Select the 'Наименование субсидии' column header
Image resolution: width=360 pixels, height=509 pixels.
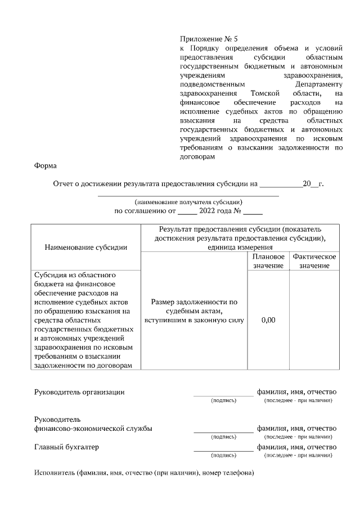[x=85, y=247]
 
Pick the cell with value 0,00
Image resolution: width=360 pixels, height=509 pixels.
[x=268, y=320]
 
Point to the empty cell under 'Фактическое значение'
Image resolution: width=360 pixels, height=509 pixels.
[x=314, y=320]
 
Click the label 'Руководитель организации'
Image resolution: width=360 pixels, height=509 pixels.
[x=79, y=392]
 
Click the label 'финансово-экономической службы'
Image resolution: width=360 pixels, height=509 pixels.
[x=93, y=429]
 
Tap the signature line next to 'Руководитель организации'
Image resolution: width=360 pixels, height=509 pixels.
[x=223, y=394]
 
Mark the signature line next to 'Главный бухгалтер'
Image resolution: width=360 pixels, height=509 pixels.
[x=223, y=449]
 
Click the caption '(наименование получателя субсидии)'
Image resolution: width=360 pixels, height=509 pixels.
[x=188, y=201]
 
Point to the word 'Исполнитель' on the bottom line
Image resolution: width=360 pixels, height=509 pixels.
[x=54, y=472]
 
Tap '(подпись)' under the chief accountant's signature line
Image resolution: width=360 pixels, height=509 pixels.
[x=223, y=456]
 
